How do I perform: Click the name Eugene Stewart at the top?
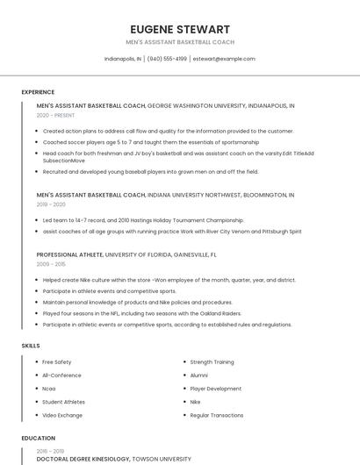[x=180, y=29]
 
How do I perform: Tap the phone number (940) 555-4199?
[x=167, y=59]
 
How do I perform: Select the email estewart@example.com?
[x=224, y=59]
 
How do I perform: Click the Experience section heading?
[x=38, y=92]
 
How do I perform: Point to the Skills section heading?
[x=31, y=346]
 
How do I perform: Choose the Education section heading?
[x=38, y=437]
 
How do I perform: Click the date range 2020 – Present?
[x=56, y=115]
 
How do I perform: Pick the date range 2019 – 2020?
[x=51, y=204]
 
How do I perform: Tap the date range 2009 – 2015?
[x=51, y=263]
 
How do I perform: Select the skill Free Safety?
[x=57, y=362]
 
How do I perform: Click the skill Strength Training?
[x=212, y=362]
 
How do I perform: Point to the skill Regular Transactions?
[x=217, y=415]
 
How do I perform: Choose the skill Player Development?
[x=215, y=389]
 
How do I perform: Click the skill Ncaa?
[x=49, y=389]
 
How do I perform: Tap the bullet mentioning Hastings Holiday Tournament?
[x=143, y=220]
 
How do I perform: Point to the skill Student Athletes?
[x=62, y=402]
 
